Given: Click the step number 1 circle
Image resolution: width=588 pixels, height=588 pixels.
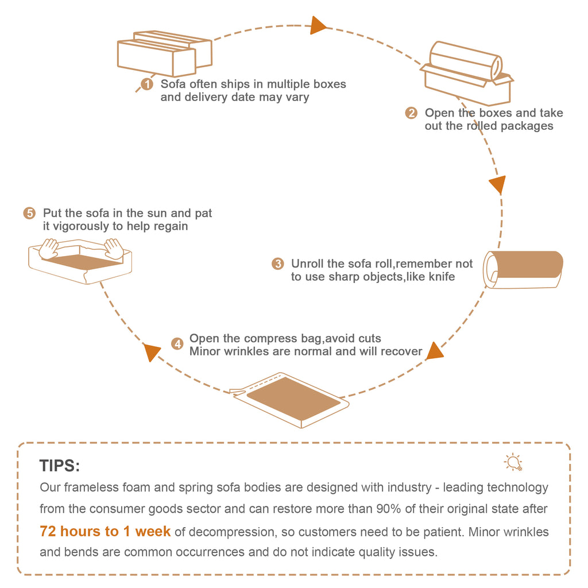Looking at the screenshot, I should [x=147, y=84].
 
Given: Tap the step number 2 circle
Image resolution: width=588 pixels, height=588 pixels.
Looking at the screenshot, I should [x=411, y=113].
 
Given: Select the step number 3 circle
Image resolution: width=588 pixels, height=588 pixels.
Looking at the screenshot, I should [x=278, y=264].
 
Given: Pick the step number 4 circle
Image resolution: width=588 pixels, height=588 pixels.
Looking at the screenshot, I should [x=177, y=345].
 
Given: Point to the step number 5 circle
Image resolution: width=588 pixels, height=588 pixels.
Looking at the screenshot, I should [x=29, y=214].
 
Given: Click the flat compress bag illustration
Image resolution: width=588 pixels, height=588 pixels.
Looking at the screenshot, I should [x=293, y=399].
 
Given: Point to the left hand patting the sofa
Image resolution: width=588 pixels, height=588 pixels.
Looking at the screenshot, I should [x=49, y=248].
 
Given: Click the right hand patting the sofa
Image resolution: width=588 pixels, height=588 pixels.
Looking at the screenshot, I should [x=114, y=248].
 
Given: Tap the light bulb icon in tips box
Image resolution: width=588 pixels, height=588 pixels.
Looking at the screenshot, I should [x=512, y=462].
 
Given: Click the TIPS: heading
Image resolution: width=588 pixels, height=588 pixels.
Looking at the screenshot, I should [x=60, y=465].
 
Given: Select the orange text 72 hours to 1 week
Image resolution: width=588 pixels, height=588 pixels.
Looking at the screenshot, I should [x=105, y=532].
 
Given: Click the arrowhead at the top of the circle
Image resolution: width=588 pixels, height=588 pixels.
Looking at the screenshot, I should [x=318, y=25].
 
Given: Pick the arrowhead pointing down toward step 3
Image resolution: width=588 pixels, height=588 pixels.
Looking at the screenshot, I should [x=497, y=184].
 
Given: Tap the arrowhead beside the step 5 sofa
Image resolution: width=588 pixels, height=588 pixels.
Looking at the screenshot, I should [x=151, y=352].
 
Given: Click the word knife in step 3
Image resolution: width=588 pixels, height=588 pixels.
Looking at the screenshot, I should [x=442, y=277].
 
